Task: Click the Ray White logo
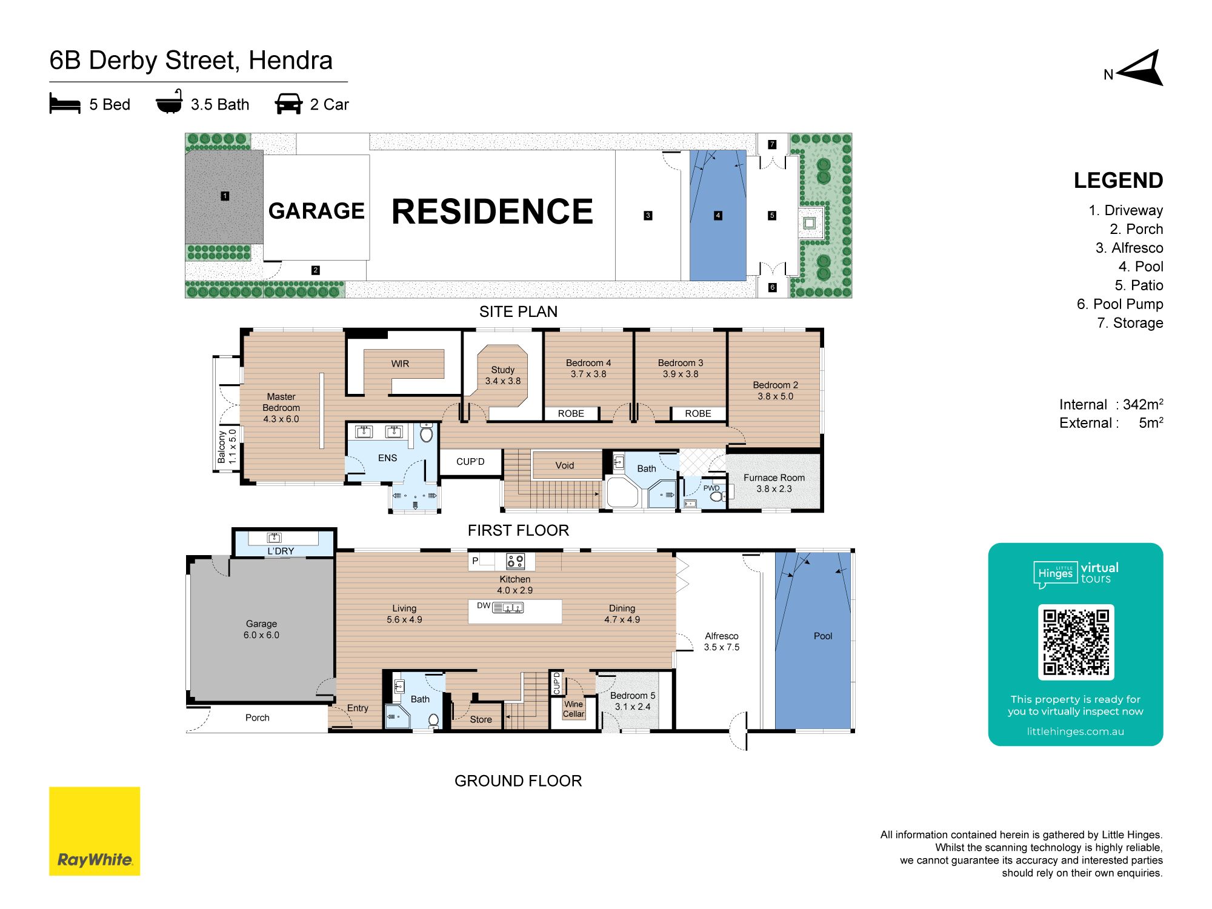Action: pos(95,831)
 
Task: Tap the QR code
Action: pos(1076,642)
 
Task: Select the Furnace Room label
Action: pos(774,483)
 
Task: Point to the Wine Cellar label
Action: pos(573,709)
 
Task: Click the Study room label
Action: pos(502,375)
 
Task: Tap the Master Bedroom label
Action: pos(281,407)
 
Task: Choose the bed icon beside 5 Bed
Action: pos(65,104)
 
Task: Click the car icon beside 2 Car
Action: pos(288,104)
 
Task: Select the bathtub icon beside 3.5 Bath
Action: pos(169,102)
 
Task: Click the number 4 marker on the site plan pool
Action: pos(718,215)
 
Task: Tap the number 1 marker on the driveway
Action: pos(225,196)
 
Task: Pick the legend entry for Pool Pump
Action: pos(1120,304)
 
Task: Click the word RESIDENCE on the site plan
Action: pos(492,211)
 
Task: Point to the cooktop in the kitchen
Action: pos(516,561)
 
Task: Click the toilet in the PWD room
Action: pos(717,496)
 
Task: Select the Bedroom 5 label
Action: pos(633,701)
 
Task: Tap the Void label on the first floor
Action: pos(564,465)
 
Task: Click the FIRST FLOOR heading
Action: pos(518,530)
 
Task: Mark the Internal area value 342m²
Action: pos(1143,404)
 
